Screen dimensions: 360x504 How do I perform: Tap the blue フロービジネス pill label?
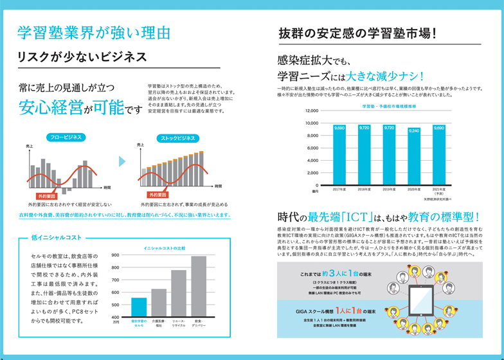tap(65, 137)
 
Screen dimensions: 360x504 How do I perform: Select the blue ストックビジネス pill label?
tap(178, 138)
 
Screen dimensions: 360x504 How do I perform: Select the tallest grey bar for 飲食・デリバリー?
tap(199, 286)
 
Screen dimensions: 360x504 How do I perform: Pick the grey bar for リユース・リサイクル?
tap(179, 293)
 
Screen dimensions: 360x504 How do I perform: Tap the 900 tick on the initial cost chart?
tap(116, 256)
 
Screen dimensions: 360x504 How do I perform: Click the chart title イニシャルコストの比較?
tap(164, 248)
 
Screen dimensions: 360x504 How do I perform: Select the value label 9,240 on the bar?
tap(414, 130)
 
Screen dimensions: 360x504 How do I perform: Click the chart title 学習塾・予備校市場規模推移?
tap(389, 105)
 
